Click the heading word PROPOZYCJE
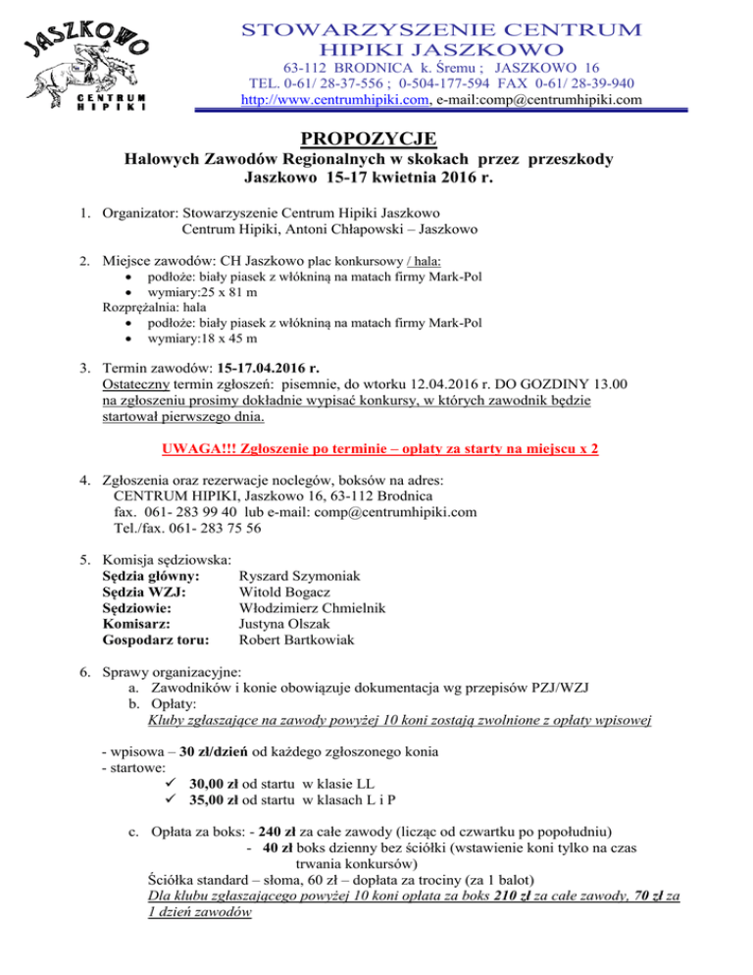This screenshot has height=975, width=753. [376, 137]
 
